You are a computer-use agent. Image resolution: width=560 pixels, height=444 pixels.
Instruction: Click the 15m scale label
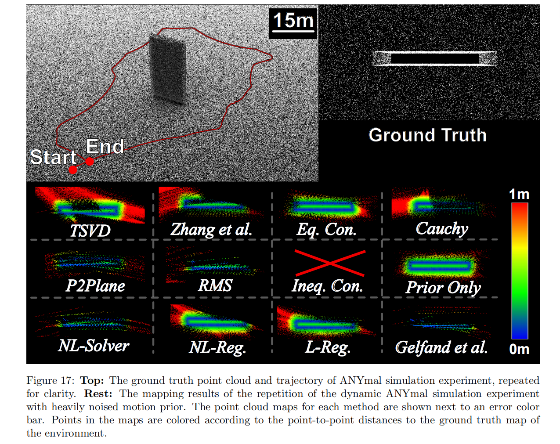coord(293,21)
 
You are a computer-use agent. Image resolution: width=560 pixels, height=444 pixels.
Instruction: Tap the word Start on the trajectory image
coord(53,157)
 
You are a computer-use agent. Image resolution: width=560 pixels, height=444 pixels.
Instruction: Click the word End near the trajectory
coord(105,147)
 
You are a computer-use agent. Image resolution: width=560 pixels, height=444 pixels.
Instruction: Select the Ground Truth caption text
coord(427,135)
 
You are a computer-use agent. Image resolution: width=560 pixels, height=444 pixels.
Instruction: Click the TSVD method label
coord(90,231)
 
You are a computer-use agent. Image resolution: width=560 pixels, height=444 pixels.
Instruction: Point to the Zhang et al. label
coord(211,229)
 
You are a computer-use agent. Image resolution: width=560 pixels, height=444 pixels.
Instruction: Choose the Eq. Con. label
coord(326,229)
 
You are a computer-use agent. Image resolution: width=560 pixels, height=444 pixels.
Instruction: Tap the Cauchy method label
coord(442,228)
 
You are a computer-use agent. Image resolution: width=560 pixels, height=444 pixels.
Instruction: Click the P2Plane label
coord(95,286)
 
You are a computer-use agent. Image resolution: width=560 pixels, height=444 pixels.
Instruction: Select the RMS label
coord(215,285)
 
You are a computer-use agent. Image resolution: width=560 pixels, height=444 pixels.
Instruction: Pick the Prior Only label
coord(443,287)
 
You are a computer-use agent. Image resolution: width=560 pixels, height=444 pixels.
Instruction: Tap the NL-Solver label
coord(94,346)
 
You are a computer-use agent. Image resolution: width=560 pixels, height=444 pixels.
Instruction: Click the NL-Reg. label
coord(217,347)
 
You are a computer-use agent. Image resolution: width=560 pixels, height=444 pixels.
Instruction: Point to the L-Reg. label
coord(328,347)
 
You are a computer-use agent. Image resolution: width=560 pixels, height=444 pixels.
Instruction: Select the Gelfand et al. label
coord(441,347)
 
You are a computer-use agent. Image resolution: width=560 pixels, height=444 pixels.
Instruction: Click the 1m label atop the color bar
coord(519,194)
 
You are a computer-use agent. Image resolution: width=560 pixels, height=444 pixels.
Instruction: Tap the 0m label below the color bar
coord(519,349)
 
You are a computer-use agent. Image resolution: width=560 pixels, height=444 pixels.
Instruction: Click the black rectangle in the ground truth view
coord(434,59)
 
